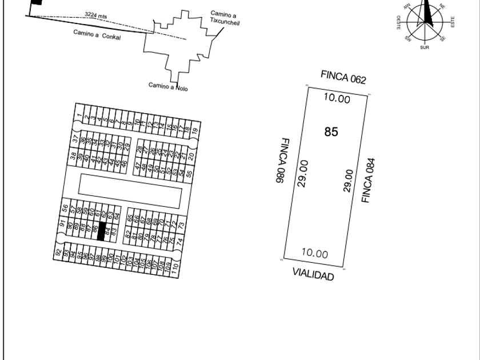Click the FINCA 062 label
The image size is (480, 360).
pyautogui.click(x=343, y=77)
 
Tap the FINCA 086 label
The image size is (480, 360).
pyautogui.click(x=279, y=161)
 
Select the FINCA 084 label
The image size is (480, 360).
pyautogui.click(x=367, y=180)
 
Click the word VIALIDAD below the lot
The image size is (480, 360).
pyautogui.click(x=313, y=274)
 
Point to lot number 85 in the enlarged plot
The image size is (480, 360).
pyautogui.click(x=331, y=132)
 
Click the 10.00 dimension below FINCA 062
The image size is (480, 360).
pyautogui.click(x=337, y=98)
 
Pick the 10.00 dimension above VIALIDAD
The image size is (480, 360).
pyautogui.click(x=314, y=254)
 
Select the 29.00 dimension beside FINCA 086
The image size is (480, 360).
pyautogui.click(x=303, y=173)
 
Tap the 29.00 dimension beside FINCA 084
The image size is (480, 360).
pyautogui.click(x=348, y=181)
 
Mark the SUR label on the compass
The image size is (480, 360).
pyautogui.click(x=424, y=47)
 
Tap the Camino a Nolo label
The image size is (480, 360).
pyautogui.click(x=168, y=86)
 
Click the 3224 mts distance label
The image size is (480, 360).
pyautogui.click(x=95, y=15)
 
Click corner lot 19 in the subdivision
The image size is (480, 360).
pyautogui.click(x=194, y=130)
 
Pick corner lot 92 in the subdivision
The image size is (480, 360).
pyautogui.click(x=58, y=251)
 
